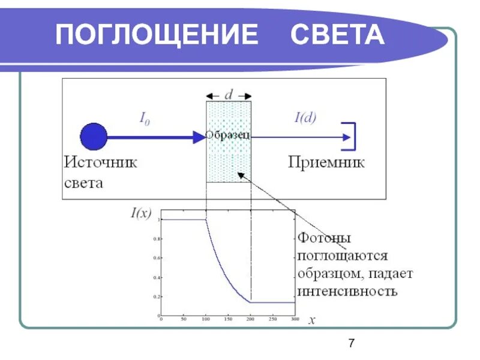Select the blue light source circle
pyautogui.click(x=94, y=136)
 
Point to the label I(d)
pyautogui.click(x=305, y=118)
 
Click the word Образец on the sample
pyautogui.click(x=228, y=136)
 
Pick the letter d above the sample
pyautogui.click(x=229, y=95)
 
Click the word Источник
pyautogui.click(x=101, y=162)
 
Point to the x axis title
pyautogui.click(x=312, y=320)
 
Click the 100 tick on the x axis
pyautogui.click(x=206, y=319)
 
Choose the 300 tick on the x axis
pyautogui.click(x=295, y=319)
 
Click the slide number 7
pyautogui.click(x=352, y=343)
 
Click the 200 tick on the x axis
pyautogui.click(x=250, y=319)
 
